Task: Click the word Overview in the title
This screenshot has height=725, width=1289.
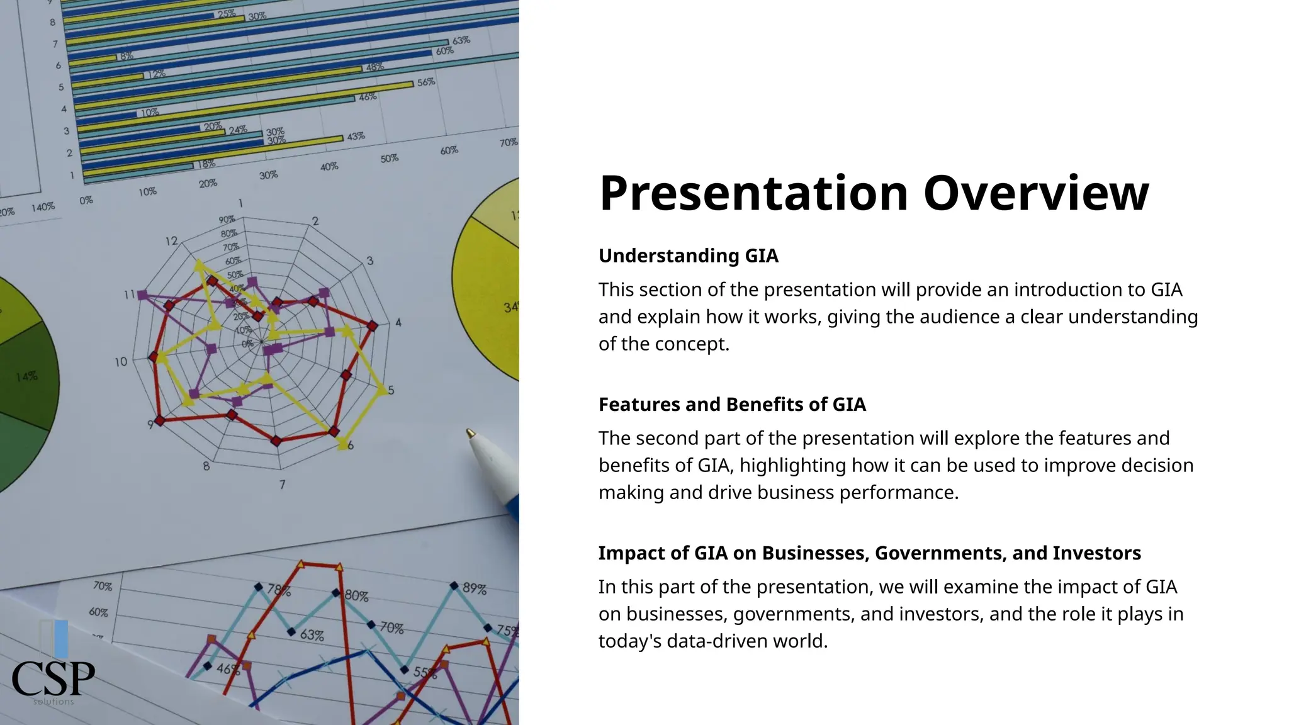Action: coord(1035,193)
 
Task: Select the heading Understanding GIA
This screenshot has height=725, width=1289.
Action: coord(688,256)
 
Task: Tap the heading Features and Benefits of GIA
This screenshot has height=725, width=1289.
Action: coord(731,404)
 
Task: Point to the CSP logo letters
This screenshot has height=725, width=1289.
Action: coord(53,678)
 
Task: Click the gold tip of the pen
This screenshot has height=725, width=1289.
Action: coord(470,433)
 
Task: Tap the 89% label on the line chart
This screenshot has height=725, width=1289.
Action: coord(475,588)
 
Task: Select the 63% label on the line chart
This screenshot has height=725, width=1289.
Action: coord(312,635)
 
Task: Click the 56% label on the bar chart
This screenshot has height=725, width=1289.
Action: coord(426,82)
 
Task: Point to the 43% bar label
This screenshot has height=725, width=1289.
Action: coord(356,136)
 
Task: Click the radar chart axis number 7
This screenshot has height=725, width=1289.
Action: coord(282,485)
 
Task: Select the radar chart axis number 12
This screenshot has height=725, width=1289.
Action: coord(171,241)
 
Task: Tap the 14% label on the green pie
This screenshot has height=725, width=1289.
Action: coord(26,376)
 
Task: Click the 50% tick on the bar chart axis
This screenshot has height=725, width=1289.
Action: coord(389,159)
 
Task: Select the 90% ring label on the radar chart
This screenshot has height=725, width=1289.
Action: coord(227,220)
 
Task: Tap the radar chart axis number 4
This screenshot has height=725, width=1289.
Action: coord(398,323)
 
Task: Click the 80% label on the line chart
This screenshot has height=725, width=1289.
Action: coord(357,595)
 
